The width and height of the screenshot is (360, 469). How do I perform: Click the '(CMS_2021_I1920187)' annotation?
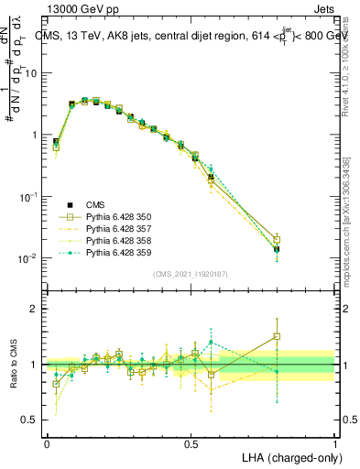pyautogui.click(x=191, y=274)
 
